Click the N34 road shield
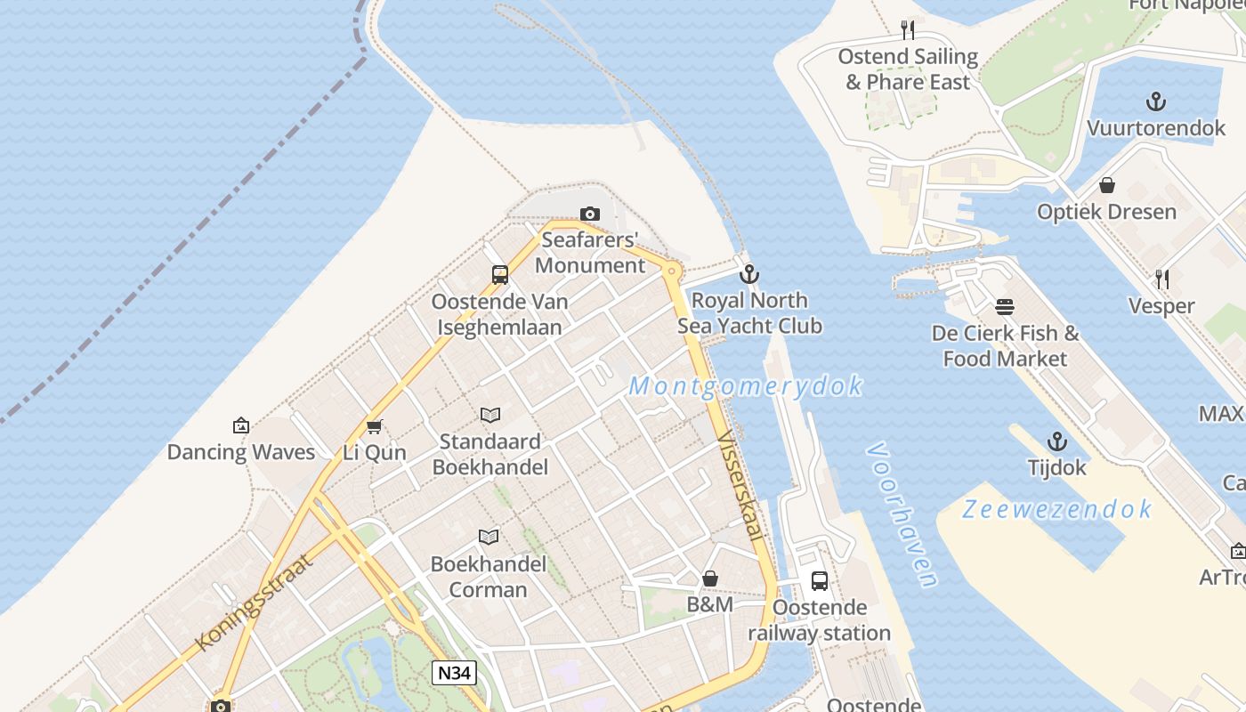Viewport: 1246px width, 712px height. coord(454,672)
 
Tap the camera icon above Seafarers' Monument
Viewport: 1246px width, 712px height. coord(589,214)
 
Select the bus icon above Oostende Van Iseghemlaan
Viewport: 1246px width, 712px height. coord(500,275)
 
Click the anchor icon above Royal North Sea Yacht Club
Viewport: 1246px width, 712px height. coord(749,274)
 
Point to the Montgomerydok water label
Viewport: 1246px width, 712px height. coord(746,386)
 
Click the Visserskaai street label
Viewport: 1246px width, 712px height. coord(740,486)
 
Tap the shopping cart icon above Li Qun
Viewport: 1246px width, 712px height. coord(375,426)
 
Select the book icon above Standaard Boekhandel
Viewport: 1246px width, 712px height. coord(490,415)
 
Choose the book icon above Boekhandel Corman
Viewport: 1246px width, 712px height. coord(489,537)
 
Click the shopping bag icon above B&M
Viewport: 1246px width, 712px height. coord(710,578)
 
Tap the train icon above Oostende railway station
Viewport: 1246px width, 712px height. coord(820,581)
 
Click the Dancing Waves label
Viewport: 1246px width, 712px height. coord(241,452)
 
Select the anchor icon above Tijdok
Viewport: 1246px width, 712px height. coord(1057,441)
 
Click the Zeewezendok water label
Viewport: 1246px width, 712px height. coord(1057,509)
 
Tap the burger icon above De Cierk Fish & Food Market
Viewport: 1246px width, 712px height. coord(1006,307)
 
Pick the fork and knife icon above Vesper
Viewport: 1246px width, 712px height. coord(1161,279)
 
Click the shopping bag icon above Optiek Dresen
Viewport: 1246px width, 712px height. coord(1107,185)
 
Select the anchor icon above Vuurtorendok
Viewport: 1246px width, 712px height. coord(1156,101)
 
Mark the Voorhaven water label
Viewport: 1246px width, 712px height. coord(902,515)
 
